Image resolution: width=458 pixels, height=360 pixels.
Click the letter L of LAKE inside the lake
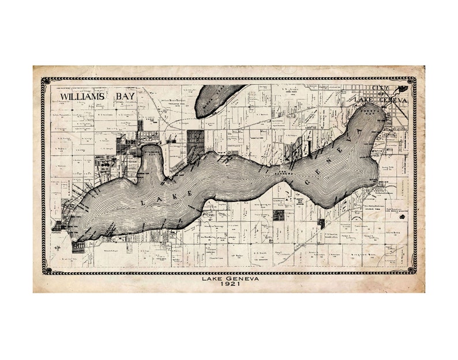142,202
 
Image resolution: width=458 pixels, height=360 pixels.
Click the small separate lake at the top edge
216,99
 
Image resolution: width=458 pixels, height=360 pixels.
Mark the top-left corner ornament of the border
45,81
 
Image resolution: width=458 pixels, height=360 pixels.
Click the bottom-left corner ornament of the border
46,269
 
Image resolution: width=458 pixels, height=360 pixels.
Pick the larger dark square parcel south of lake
278,215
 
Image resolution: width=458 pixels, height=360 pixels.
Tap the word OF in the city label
382,94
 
